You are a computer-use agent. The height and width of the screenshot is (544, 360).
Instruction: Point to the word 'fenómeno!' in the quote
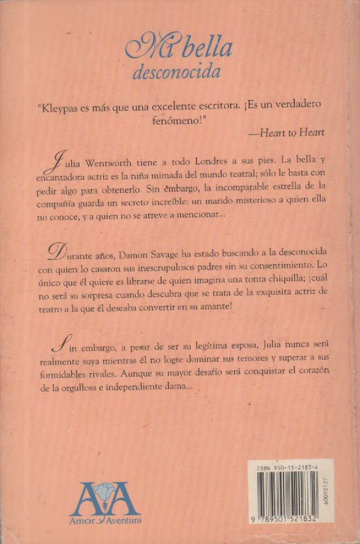point(180,121)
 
